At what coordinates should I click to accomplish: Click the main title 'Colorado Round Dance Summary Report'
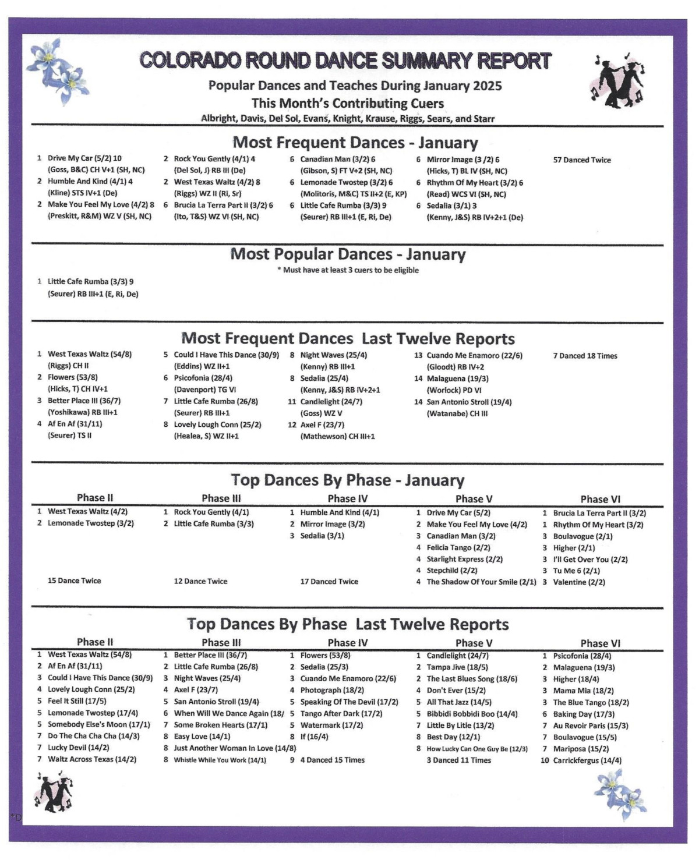tap(345, 61)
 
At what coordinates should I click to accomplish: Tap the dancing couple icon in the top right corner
tap(619, 82)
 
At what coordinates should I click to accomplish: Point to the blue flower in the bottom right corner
tap(620, 794)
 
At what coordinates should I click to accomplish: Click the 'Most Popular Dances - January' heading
tap(348, 254)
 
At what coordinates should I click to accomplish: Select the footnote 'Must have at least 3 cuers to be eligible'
tap(348, 270)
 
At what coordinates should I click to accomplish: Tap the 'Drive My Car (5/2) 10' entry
tap(84, 158)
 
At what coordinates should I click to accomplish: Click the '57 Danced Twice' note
tap(582, 160)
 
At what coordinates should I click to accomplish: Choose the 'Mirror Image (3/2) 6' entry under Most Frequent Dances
tap(463, 160)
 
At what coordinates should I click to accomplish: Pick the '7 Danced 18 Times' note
tap(585, 356)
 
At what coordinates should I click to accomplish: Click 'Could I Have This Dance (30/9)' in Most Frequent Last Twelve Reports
tap(226, 355)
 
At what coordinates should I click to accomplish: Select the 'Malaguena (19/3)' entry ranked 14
tap(457, 378)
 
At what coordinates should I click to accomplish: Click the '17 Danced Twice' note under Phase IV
tap(329, 582)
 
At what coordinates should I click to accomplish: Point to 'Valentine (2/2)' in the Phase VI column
tap(578, 582)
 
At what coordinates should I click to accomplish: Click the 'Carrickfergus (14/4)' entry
tap(587, 760)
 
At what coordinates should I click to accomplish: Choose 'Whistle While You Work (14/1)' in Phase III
tap(220, 760)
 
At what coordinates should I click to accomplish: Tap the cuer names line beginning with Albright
tap(348, 119)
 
